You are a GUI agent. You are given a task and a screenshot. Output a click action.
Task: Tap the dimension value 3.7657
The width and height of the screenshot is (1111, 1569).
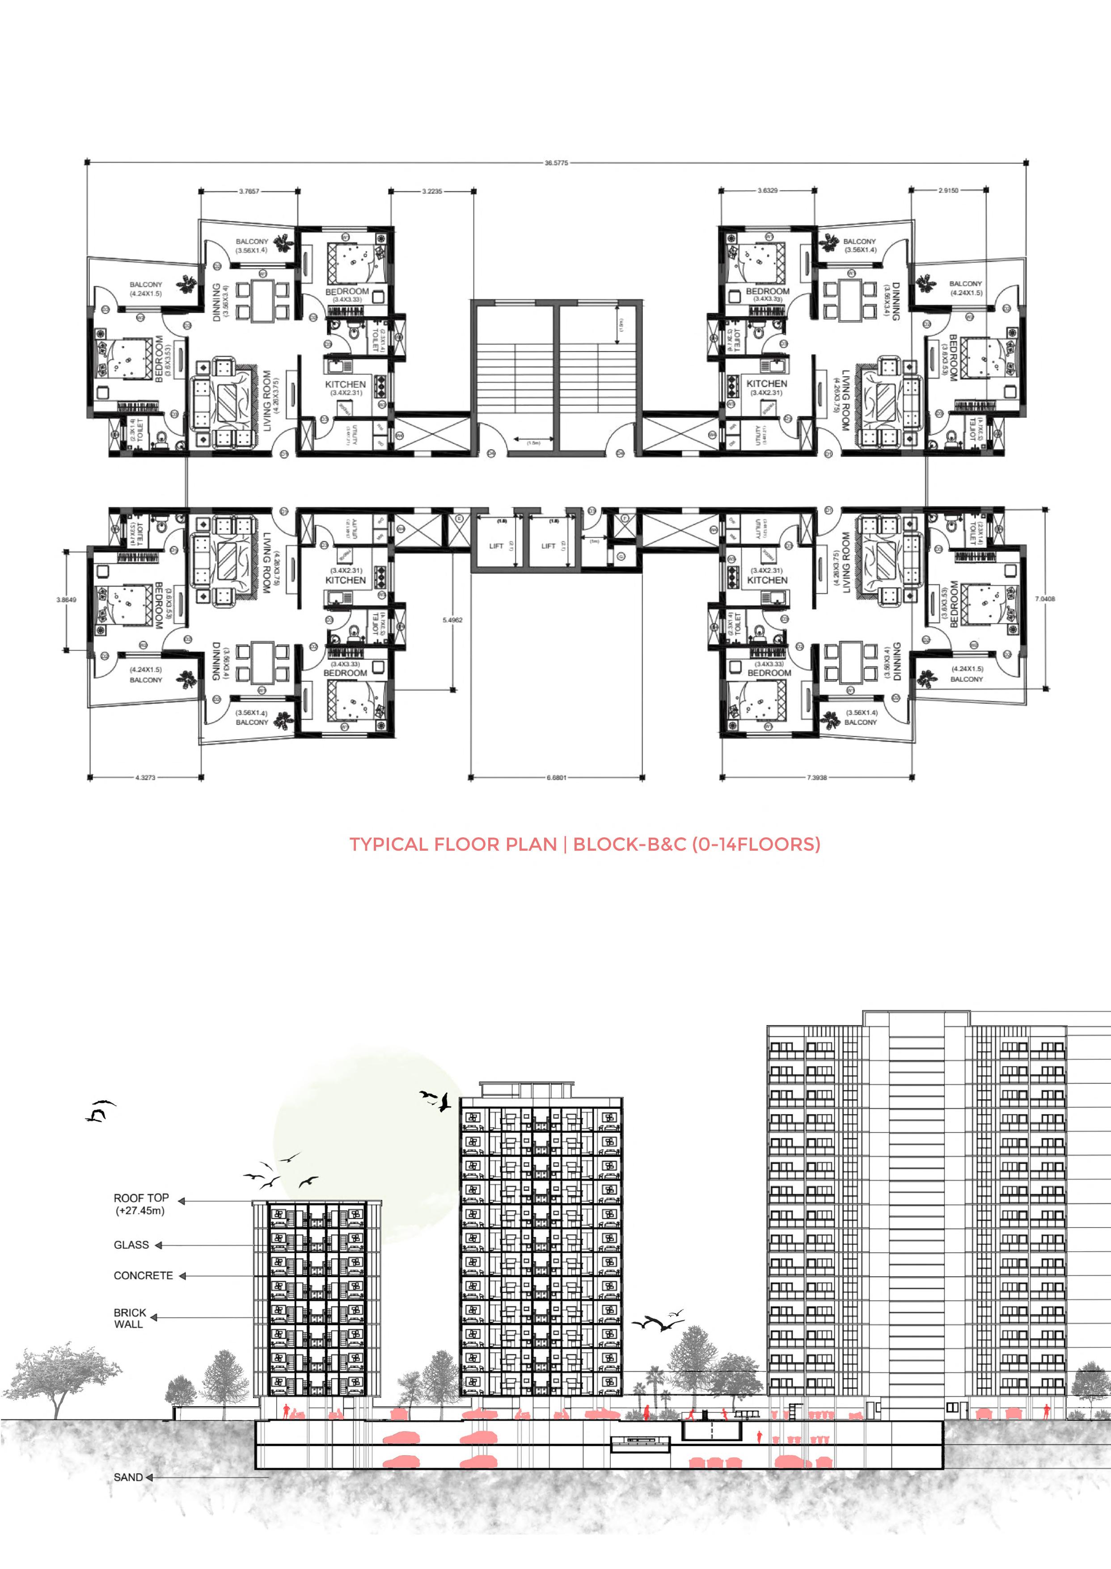coord(249,191)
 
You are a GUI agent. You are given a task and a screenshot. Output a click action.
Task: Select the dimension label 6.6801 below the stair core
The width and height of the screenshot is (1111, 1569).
coord(556,777)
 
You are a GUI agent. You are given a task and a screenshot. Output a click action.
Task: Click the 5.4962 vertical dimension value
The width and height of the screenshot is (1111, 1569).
coord(452,620)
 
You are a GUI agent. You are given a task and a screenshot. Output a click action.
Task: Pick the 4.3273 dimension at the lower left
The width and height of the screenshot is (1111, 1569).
coord(145,777)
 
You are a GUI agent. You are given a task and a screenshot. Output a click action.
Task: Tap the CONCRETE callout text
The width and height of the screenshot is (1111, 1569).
coord(143,1276)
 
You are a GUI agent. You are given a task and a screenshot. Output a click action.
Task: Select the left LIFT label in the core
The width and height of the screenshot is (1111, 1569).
coord(496,546)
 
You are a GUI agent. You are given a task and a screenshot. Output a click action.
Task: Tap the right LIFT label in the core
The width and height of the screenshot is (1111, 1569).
coord(548,546)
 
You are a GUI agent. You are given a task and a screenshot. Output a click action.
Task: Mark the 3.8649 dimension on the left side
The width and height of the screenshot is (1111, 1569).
coord(66,599)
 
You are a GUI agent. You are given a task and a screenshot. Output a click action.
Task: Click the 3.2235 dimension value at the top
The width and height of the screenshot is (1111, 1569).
coord(432,191)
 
